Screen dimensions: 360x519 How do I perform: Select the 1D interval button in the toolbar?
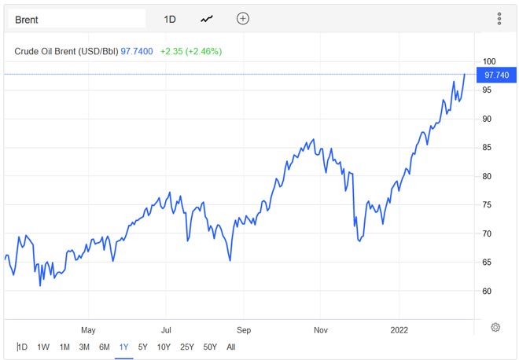click(x=170, y=19)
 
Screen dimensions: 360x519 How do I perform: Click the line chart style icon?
click(x=207, y=19)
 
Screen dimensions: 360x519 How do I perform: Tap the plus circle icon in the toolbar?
click(x=243, y=19)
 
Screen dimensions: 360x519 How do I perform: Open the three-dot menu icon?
click(x=499, y=19)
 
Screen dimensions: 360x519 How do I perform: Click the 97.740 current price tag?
click(x=497, y=75)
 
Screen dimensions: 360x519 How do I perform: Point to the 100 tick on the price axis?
click(x=489, y=61)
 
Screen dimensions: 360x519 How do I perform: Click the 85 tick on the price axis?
click(x=488, y=148)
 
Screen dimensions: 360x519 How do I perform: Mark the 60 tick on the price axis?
click(x=488, y=291)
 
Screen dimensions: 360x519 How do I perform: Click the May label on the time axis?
click(x=88, y=330)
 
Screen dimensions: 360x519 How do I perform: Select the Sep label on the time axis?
click(x=243, y=330)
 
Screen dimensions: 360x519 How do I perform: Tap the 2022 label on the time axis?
click(x=399, y=330)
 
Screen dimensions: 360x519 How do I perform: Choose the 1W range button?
click(x=43, y=347)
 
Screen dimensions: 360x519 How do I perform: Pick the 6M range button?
click(x=104, y=347)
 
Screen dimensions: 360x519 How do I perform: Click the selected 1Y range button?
click(x=123, y=347)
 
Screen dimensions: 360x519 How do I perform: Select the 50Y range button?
click(x=210, y=347)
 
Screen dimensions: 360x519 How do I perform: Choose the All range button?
click(x=230, y=347)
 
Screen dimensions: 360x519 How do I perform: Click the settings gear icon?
click(x=495, y=327)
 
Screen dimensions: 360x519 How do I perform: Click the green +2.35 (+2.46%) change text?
click(x=190, y=51)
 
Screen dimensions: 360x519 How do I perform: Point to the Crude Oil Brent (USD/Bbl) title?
click(x=66, y=51)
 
